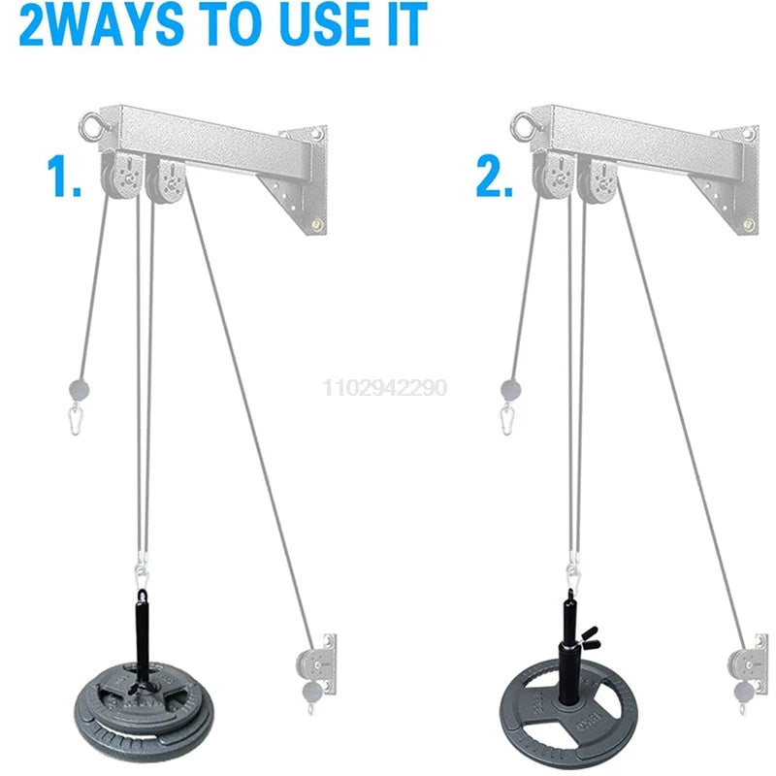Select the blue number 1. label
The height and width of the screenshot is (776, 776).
(x=63, y=177)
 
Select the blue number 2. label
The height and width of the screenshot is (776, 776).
(x=495, y=177)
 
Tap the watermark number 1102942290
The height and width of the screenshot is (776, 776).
(x=385, y=387)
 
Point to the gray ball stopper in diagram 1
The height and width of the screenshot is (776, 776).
(x=80, y=390)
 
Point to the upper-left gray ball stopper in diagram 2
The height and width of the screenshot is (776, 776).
(x=511, y=390)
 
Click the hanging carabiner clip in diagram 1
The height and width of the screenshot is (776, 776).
(x=76, y=419)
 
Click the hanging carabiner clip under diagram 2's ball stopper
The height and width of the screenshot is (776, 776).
(x=506, y=419)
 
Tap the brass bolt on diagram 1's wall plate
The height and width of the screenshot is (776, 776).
(x=317, y=225)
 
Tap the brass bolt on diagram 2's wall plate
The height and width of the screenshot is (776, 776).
(x=748, y=225)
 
